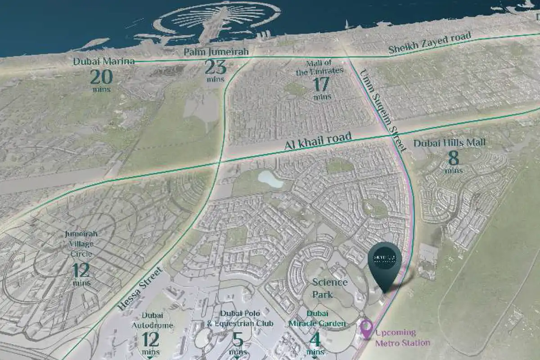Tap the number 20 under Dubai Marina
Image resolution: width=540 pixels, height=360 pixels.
[101, 77]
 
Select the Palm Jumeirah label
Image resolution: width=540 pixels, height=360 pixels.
[216, 53]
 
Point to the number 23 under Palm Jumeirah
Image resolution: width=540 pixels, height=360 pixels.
[216, 67]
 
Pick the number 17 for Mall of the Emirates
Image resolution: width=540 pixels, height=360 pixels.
[322, 84]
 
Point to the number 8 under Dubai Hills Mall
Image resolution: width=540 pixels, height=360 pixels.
[453, 159]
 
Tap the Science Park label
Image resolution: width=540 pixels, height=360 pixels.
[330, 288]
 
